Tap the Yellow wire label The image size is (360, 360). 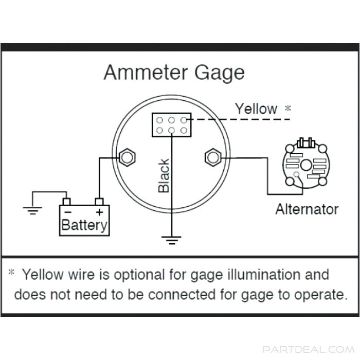pos(256,109)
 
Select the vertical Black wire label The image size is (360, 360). pos(164,176)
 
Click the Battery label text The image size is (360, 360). pos(85,225)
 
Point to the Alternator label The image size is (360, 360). pos(307,209)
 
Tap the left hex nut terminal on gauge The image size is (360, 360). pos(126,157)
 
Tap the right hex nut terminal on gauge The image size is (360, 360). pos(212,157)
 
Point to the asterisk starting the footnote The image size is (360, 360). pos(11,274)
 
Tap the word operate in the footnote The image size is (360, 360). pos(317,295)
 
